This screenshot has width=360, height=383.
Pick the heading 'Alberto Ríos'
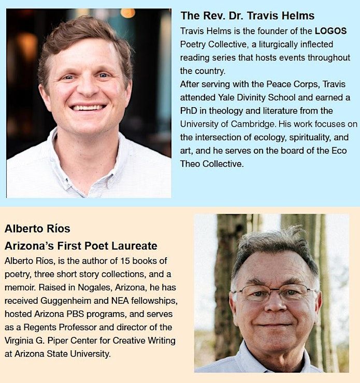[37, 228]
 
